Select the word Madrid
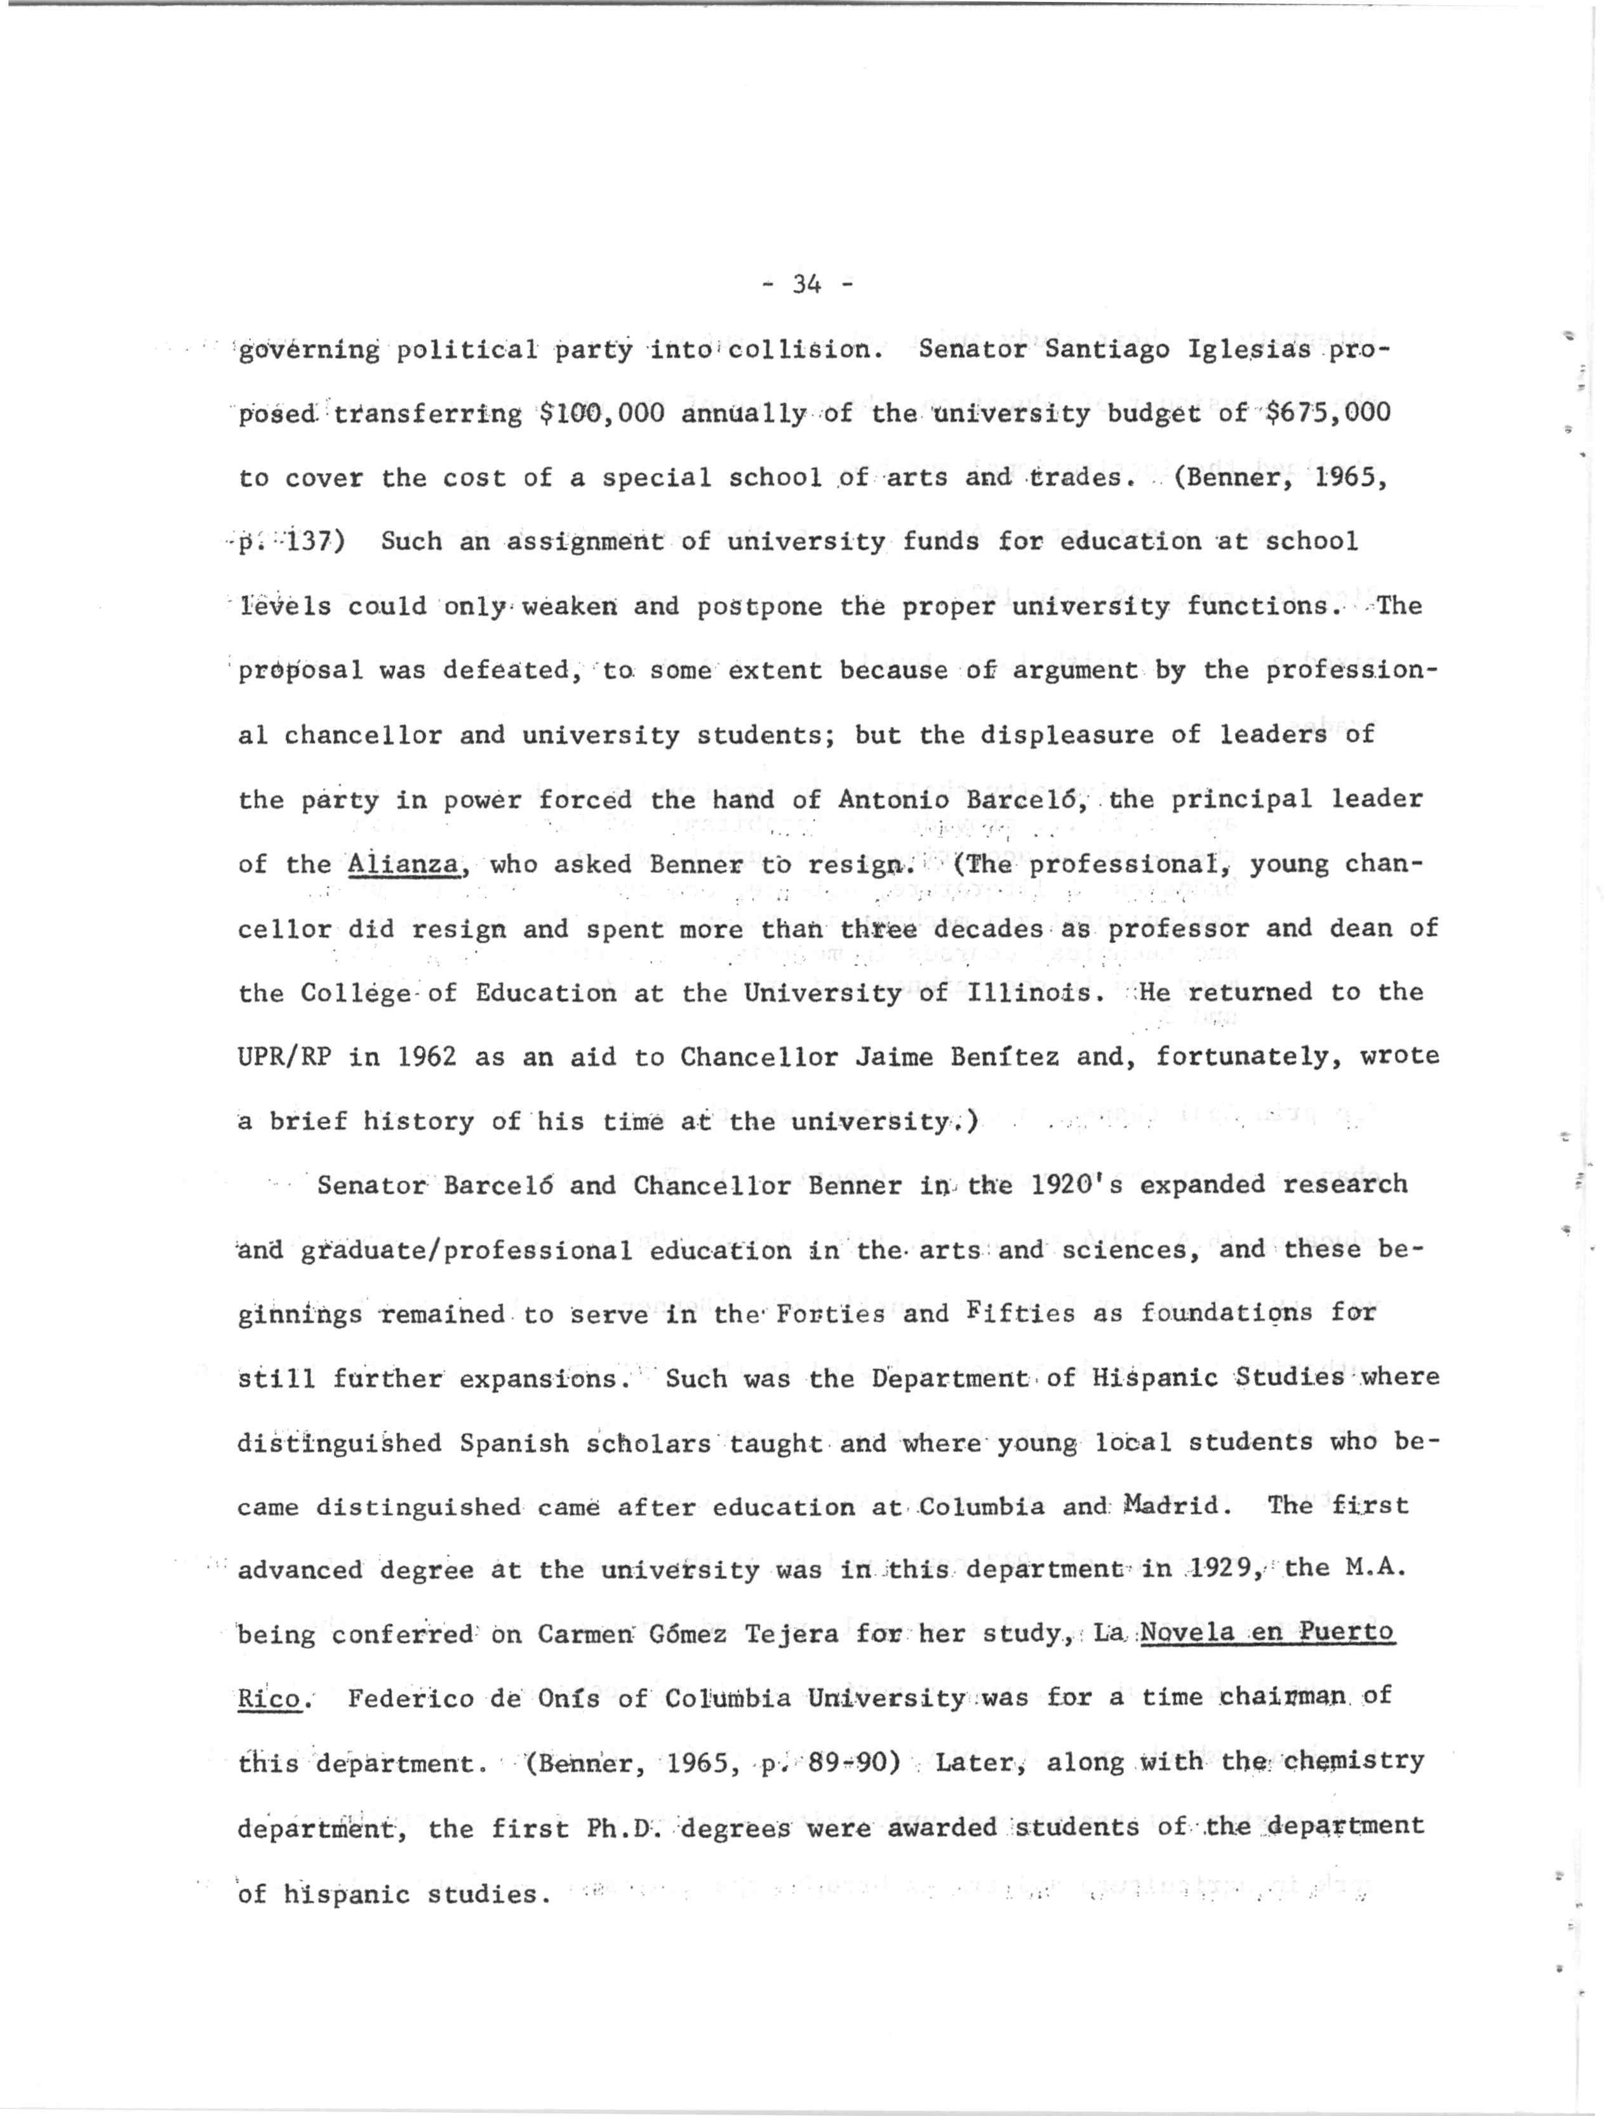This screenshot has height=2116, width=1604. (1175, 1507)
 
